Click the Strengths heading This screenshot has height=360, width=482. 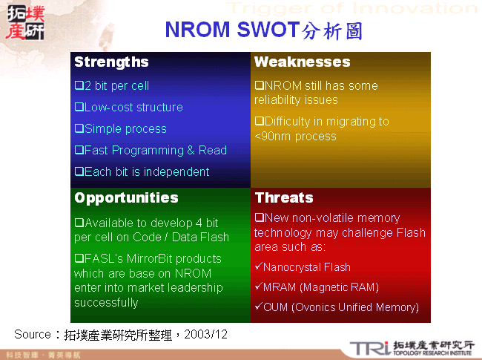[x=111, y=62]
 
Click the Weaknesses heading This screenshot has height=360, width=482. [x=302, y=62]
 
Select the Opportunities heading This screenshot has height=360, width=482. [x=126, y=197]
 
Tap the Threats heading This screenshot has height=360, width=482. [x=284, y=197]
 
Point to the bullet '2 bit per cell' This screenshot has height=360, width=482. [x=112, y=85]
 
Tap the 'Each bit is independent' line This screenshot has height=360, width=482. [x=142, y=171]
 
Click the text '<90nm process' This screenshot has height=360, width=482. [x=295, y=136]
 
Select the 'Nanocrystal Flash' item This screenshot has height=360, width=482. [x=302, y=267]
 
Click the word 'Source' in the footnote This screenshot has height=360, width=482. [x=33, y=335]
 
